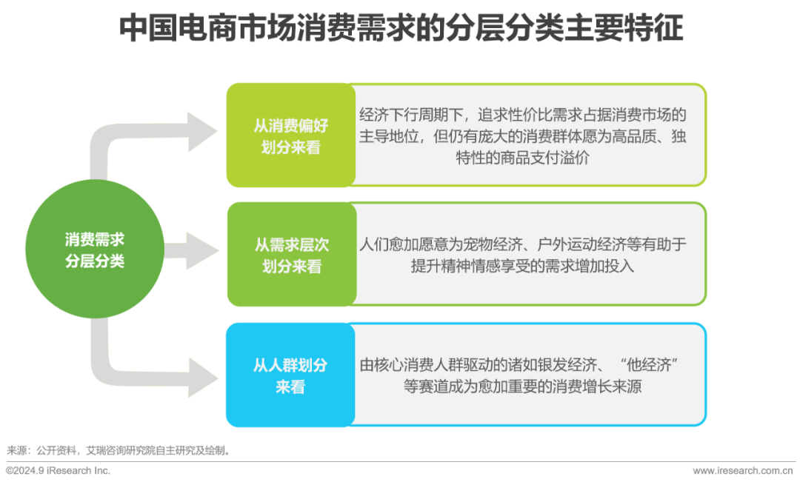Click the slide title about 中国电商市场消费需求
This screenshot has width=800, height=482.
tap(400, 29)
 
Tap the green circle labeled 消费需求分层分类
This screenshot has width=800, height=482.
tap(94, 250)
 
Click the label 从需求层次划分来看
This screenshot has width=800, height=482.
tap(291, 255)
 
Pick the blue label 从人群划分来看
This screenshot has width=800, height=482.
tap(290, 375)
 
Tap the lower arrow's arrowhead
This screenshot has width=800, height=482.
tap(201, 379)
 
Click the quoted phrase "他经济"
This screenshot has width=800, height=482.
tap(650, 365)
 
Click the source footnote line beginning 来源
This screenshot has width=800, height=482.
tap(119, 449)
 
